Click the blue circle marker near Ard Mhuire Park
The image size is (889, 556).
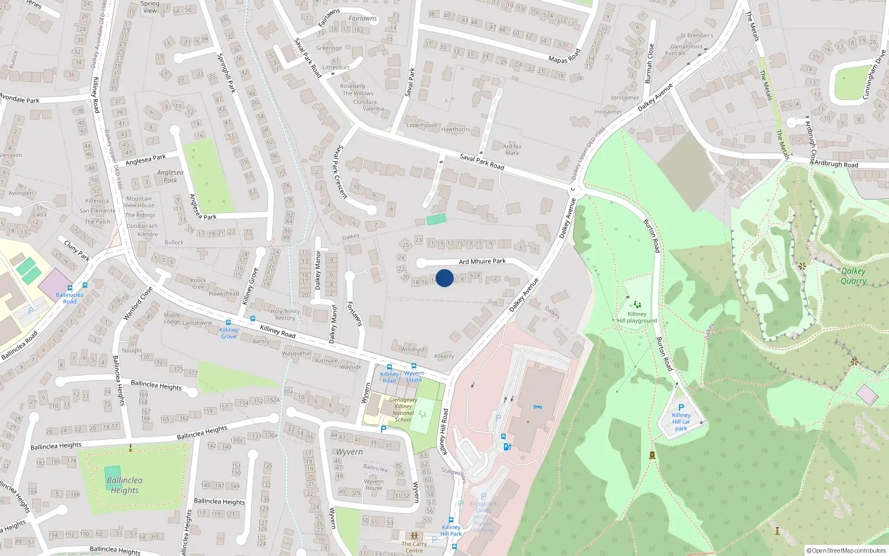(x=444, y=278)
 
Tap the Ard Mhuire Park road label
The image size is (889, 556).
(x=482, y=261)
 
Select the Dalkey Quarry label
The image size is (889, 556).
(x=853, y=276)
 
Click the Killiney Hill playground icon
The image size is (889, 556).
(x=637, y=304)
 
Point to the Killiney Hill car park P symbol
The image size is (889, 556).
(x=681, y=408)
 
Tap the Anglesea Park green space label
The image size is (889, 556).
(x=170, y=176)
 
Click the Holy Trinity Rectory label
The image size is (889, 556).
(x=285, y=315)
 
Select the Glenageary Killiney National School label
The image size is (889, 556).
(x=403, y=410)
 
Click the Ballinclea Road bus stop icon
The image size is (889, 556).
(x=69, y=288)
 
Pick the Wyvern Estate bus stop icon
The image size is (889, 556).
(x=414, y=366)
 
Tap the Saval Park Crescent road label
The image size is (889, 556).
(x=340, y=172)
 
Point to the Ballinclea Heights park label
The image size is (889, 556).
(x=124, y=485)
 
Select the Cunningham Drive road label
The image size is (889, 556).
(x=874, y=75)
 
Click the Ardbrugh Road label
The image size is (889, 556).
(x=836, y=164)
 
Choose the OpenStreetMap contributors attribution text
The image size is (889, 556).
(x=846, y=550)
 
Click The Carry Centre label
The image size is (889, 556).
(x=414, y=547)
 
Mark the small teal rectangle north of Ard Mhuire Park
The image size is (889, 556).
(x=436, y=219)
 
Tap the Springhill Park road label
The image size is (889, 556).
(x=226, y=73)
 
